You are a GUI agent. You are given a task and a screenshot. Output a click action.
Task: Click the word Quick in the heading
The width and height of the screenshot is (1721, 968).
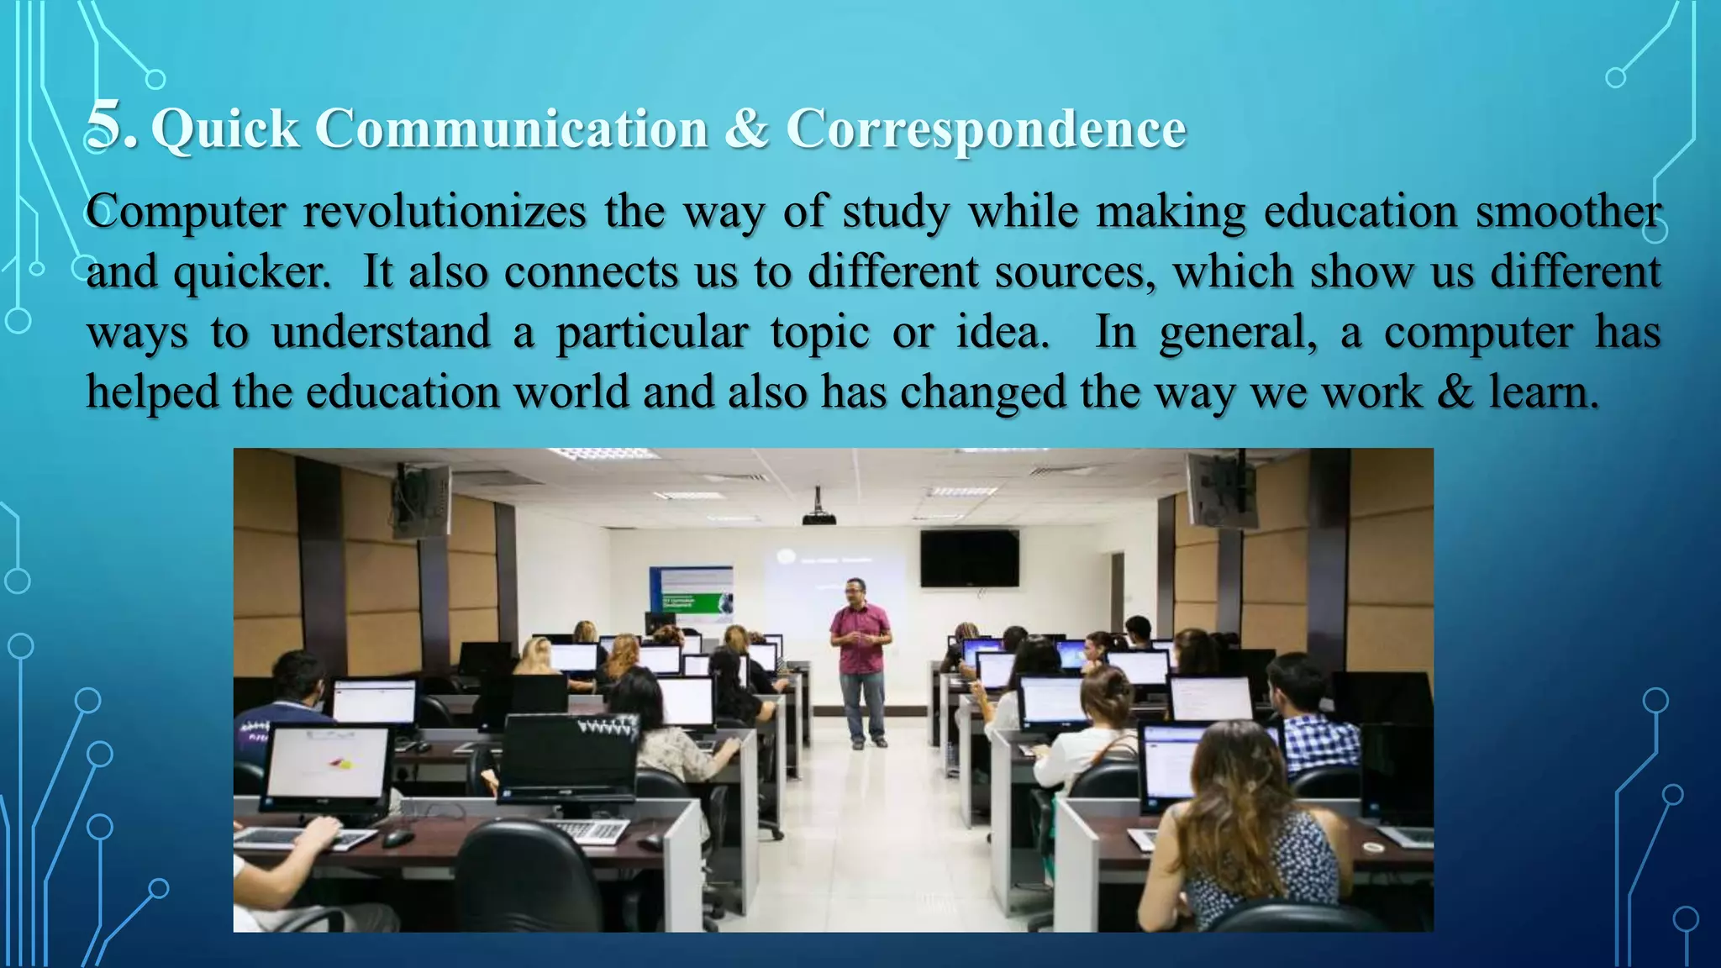225,129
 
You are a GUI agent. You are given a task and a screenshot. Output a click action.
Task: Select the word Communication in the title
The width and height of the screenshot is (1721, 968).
512,129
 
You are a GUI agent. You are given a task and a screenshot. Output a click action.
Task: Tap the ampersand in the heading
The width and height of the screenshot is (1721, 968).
746,129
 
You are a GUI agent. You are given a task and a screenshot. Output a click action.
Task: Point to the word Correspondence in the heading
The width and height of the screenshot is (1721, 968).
986,131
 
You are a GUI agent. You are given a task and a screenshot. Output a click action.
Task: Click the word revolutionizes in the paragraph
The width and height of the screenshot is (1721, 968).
445,212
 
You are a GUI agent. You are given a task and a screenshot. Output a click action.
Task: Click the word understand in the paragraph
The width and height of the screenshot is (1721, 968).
381,332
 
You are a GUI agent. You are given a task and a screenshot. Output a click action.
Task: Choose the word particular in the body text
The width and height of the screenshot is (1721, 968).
652,334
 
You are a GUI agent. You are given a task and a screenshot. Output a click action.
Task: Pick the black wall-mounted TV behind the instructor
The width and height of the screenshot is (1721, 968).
969,559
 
